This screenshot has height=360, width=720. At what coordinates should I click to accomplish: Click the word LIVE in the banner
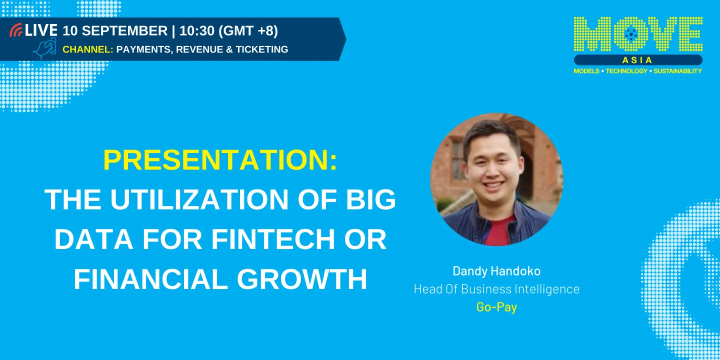41,30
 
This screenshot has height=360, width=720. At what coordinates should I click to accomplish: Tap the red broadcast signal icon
16,30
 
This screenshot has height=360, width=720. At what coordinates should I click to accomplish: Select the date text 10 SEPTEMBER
115,30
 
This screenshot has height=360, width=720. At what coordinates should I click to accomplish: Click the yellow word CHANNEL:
87,49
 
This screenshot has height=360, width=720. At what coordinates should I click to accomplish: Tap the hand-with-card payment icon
44,49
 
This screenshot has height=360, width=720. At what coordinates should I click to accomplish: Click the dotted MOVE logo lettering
638,35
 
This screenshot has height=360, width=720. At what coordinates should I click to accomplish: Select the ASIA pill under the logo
638,60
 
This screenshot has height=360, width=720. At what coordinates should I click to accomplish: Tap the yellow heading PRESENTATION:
220,160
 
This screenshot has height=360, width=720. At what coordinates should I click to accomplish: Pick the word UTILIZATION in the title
199,200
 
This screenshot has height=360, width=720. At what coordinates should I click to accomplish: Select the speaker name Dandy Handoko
496,271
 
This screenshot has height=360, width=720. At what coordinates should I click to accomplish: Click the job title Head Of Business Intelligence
496,289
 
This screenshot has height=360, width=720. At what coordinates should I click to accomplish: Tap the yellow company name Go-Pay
496,307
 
